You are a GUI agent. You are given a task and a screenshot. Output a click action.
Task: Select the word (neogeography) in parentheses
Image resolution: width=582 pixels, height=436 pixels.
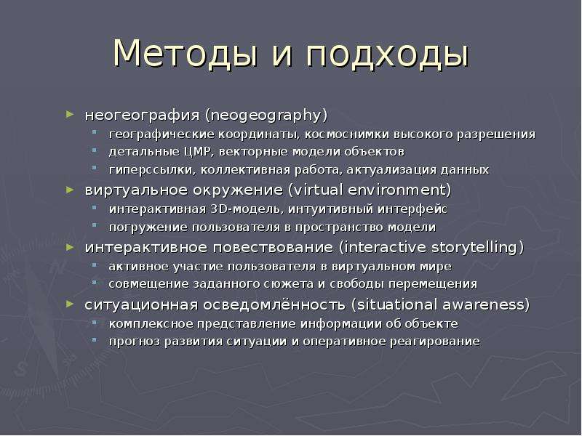(x=266, y=115)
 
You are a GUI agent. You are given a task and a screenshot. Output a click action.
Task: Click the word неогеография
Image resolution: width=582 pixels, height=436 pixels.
(x=142, y=116)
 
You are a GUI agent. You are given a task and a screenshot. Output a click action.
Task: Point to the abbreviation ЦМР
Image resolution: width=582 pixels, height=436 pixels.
(x=197, y=152)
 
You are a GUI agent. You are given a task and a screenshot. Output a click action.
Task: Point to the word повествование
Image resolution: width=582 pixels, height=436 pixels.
(x=274, y=247)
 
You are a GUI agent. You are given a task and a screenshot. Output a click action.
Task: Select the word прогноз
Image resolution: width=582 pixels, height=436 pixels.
(x=135, y=341)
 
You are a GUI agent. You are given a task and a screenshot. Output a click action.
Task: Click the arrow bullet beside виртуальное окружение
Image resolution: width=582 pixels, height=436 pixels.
(x=70, y=190)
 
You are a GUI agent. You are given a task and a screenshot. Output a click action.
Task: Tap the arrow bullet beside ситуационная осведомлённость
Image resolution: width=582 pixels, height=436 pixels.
(x=70, y=304)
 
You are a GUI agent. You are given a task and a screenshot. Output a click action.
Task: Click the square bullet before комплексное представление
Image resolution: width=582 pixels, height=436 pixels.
(x=95, y=321)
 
